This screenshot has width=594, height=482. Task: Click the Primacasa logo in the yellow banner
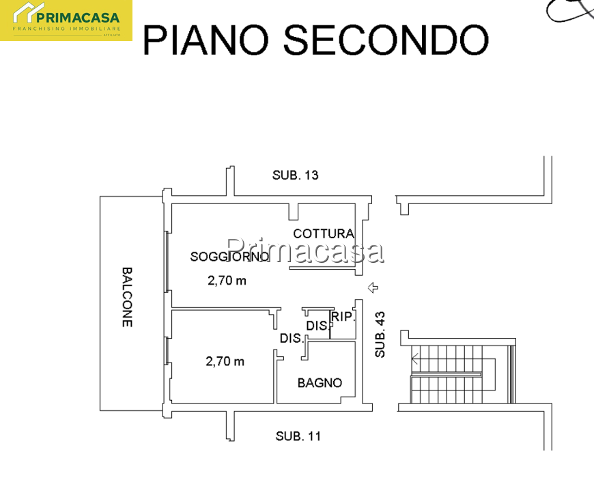point(66,20)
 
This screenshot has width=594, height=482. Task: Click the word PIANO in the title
point(206,40)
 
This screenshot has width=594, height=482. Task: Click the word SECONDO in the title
point(386,40)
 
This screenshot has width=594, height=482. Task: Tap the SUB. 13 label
point(296,175)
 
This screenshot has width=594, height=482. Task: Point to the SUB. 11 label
point(298,436)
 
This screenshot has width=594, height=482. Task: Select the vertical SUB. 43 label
point(380,335)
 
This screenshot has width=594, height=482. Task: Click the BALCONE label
point(127,297)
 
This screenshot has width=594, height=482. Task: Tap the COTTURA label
point(324,233)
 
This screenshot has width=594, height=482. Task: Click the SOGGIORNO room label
point(229,257)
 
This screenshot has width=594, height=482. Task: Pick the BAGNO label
point(320,383)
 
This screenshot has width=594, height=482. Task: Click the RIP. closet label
point(343,316)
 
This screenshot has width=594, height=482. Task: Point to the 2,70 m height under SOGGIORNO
point(227,281)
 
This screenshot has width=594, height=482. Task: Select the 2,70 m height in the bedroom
point(225,362)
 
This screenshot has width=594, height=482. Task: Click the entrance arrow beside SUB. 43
point(373,287)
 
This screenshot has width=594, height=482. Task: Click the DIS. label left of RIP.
point(317,326)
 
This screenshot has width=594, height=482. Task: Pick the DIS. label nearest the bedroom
point(292,338)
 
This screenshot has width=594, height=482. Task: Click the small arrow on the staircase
point(415,358)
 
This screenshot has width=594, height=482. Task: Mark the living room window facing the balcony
point(167,261)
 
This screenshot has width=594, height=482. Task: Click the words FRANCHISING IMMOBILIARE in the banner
point(67,29)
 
